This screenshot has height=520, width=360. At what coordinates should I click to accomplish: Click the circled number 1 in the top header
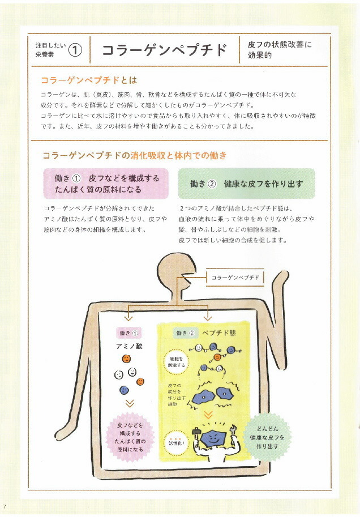point(75,50)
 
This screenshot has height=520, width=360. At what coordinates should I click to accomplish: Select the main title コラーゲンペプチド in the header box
point(164,50)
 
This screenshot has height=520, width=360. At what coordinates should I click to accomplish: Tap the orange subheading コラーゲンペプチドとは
point(89,79)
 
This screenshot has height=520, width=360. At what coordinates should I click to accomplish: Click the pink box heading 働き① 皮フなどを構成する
point(107,184)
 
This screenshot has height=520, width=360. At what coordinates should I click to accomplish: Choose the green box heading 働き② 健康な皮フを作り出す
point(246,184)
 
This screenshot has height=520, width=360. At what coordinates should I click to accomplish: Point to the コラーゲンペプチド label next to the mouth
point(235,278)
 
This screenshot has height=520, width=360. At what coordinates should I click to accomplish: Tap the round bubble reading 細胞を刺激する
point(177,361)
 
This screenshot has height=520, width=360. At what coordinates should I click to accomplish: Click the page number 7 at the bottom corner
point(4,505)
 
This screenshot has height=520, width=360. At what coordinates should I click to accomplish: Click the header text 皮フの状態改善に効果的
point(280,50)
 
